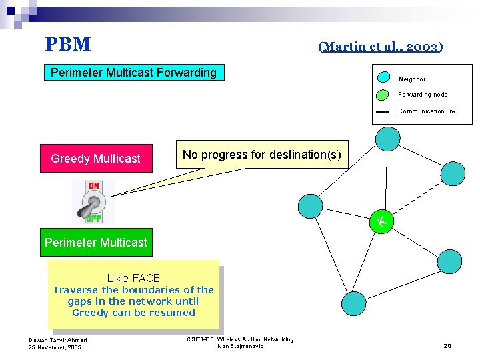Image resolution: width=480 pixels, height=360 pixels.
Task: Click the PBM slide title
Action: point(67,45)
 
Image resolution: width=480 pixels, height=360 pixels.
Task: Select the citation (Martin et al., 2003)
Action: point(380,47)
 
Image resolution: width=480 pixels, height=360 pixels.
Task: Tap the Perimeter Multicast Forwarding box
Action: point(134,73)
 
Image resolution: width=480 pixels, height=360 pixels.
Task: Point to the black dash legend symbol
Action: point(382,112)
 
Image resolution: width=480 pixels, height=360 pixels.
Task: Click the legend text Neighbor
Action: point(412,79)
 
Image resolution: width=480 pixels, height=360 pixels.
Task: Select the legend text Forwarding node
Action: point(423,95)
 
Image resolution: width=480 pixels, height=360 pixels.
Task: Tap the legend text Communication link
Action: point(427,111)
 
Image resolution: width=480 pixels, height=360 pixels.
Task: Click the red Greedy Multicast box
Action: point(96,159)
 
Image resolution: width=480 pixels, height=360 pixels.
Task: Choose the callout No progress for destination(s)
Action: point(261,155)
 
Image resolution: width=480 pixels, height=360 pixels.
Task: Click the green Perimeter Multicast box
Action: point(96,243)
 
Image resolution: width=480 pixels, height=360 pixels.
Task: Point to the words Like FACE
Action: point(133,278)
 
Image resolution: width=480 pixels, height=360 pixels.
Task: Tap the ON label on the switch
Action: point(94,187)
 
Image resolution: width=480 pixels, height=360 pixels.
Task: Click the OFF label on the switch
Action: point(94,217)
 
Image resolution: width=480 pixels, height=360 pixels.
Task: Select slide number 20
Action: point(447,345)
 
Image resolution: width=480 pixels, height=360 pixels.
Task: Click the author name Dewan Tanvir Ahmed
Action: point(57,340)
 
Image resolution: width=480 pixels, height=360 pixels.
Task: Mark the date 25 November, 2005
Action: point(55,347)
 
